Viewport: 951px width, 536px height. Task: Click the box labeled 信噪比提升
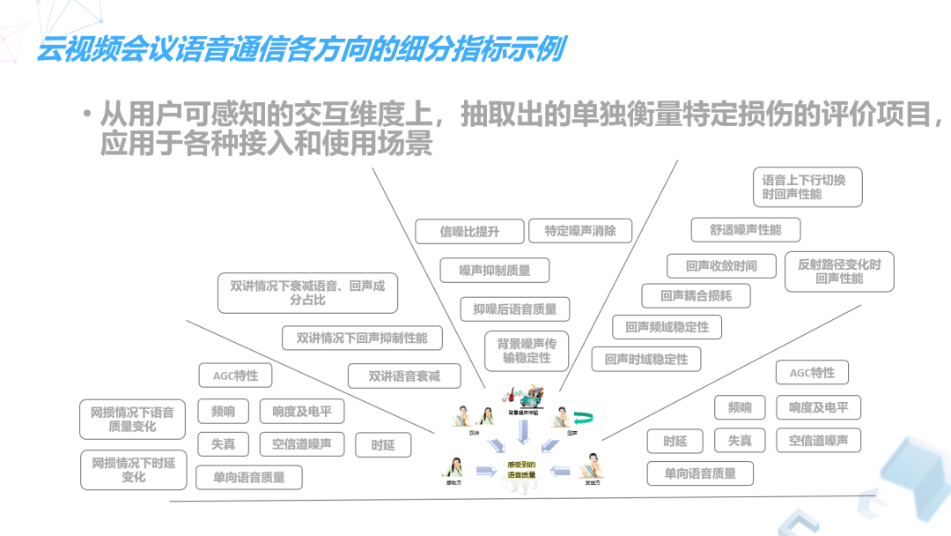[x=469, y=232]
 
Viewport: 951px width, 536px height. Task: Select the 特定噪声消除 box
[x=580, y=231]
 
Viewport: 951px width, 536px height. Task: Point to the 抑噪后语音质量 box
[x=515, y=309]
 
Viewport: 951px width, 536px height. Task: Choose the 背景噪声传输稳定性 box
[x=527, y=351]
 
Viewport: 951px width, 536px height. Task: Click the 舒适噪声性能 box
[x=746, y=230]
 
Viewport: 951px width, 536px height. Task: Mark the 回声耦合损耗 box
[x=696, y=296]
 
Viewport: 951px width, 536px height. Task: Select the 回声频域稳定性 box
[x=667, y=327]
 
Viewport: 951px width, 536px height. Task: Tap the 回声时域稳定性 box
[x=646, y=360]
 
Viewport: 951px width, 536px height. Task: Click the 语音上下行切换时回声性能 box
[x=807, y=187]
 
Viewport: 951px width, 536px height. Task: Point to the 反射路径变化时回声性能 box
[x=839, y=272]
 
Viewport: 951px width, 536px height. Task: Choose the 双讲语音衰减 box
[x=403, y=376]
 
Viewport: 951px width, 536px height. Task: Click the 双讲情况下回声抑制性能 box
[x=361, y=338]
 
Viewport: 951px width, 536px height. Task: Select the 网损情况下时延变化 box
[x=134, y=470]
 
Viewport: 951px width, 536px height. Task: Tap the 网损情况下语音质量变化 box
[x=132, y=419]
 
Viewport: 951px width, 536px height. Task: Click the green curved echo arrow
[x=583, y=417]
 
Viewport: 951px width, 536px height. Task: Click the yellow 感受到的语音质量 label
[x=521, y=470]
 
